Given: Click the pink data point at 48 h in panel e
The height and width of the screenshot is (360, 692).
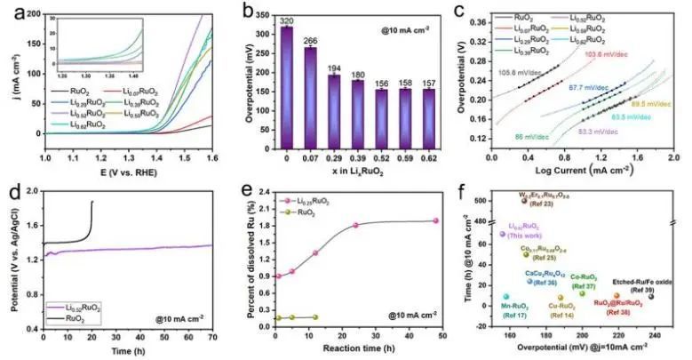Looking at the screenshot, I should point(435,220).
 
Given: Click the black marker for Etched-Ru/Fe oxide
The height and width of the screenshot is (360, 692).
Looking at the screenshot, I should point(651,297).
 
